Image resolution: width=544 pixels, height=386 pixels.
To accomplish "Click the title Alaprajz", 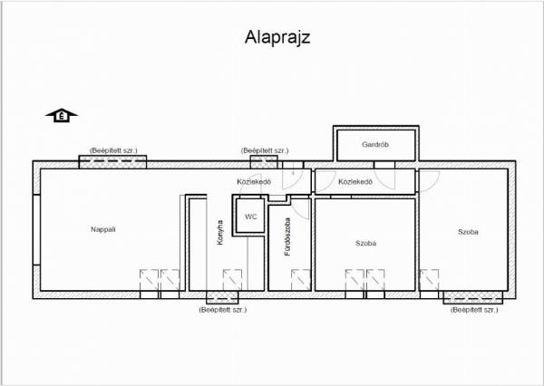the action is click(277, 37).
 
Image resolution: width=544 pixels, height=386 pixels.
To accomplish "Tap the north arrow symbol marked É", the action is click(62, 115).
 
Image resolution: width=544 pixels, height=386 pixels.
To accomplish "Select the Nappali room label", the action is click(103, 229).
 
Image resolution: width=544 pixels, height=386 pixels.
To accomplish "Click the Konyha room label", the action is click(220, 233).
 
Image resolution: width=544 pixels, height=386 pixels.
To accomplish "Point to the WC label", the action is click(251, 217).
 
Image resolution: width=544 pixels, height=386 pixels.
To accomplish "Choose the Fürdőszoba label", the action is click(287, 236).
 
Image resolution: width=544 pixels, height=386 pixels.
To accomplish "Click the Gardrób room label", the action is click(375, 144).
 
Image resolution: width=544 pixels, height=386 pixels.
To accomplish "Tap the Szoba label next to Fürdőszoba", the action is click(365, 243).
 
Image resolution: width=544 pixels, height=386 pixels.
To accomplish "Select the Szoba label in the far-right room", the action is click(468, 232).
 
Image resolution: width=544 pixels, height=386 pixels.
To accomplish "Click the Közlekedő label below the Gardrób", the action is click(355, 182).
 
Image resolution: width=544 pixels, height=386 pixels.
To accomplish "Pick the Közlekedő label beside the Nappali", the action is click(254, 182).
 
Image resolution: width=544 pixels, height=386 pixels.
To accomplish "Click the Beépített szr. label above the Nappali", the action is click(113, 150).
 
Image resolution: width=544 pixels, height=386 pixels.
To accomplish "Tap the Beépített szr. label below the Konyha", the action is click(223, 310).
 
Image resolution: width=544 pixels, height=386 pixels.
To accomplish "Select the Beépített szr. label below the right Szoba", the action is click(474, 310).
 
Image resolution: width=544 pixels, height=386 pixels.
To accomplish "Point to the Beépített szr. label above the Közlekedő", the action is click(265, 150).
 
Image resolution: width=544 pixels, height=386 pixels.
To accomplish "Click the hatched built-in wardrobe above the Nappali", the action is click(112, 162).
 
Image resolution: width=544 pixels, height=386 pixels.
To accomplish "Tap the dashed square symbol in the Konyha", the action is click(232, 280).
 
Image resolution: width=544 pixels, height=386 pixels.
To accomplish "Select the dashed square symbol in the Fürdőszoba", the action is click(300, 280).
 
